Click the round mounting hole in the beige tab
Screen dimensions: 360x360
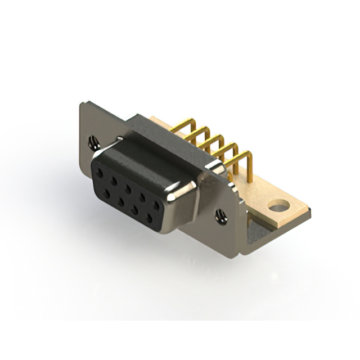(277, 206)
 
